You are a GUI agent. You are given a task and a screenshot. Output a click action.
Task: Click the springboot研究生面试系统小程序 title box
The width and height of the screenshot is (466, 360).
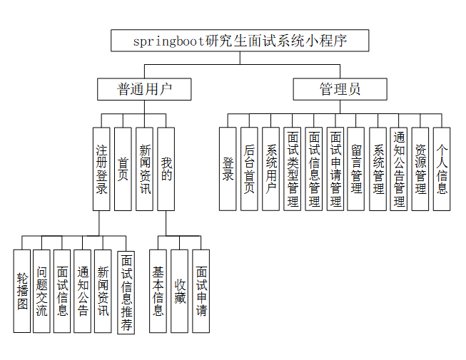[240, 41]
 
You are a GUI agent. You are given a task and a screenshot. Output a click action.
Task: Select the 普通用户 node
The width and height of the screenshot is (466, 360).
[145, 89]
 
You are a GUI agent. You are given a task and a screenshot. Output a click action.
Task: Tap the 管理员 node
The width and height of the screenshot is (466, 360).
[340, 89]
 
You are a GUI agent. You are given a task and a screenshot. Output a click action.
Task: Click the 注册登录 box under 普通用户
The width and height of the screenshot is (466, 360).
[102, 169]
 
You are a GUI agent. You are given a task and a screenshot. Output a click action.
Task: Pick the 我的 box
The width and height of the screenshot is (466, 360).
[166, 169]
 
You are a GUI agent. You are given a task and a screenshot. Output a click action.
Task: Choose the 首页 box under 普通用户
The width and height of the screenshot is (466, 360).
[123, 169]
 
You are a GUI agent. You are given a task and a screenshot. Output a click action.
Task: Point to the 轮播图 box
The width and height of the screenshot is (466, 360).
[22, 291]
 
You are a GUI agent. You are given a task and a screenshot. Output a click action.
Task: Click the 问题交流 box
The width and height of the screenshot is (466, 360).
[42, 291]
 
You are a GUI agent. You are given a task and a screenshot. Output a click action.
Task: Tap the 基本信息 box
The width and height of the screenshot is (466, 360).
[158, 291]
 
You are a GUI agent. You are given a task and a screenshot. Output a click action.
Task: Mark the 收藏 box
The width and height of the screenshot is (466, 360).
[180, 291]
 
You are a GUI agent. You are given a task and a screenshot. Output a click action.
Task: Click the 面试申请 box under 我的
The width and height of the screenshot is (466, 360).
[201, 291]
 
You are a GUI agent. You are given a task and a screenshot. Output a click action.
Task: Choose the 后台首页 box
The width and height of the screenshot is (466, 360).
[249, 169]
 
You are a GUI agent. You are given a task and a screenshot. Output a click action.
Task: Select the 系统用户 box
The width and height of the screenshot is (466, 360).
[271, 169]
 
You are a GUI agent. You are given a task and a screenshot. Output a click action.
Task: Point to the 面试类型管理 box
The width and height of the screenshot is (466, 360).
[293, 169]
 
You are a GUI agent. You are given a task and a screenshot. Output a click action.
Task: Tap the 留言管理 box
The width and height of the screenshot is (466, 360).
[357, 169]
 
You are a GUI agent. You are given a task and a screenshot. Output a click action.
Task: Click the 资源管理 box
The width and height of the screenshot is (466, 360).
[421, 169]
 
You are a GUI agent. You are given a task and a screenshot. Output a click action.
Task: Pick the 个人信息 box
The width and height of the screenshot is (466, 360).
[442, 169]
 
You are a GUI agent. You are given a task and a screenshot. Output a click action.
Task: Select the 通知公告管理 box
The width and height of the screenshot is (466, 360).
[400, 169]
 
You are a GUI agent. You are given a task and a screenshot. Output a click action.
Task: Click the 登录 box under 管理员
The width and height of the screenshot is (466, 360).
[228, 169]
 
